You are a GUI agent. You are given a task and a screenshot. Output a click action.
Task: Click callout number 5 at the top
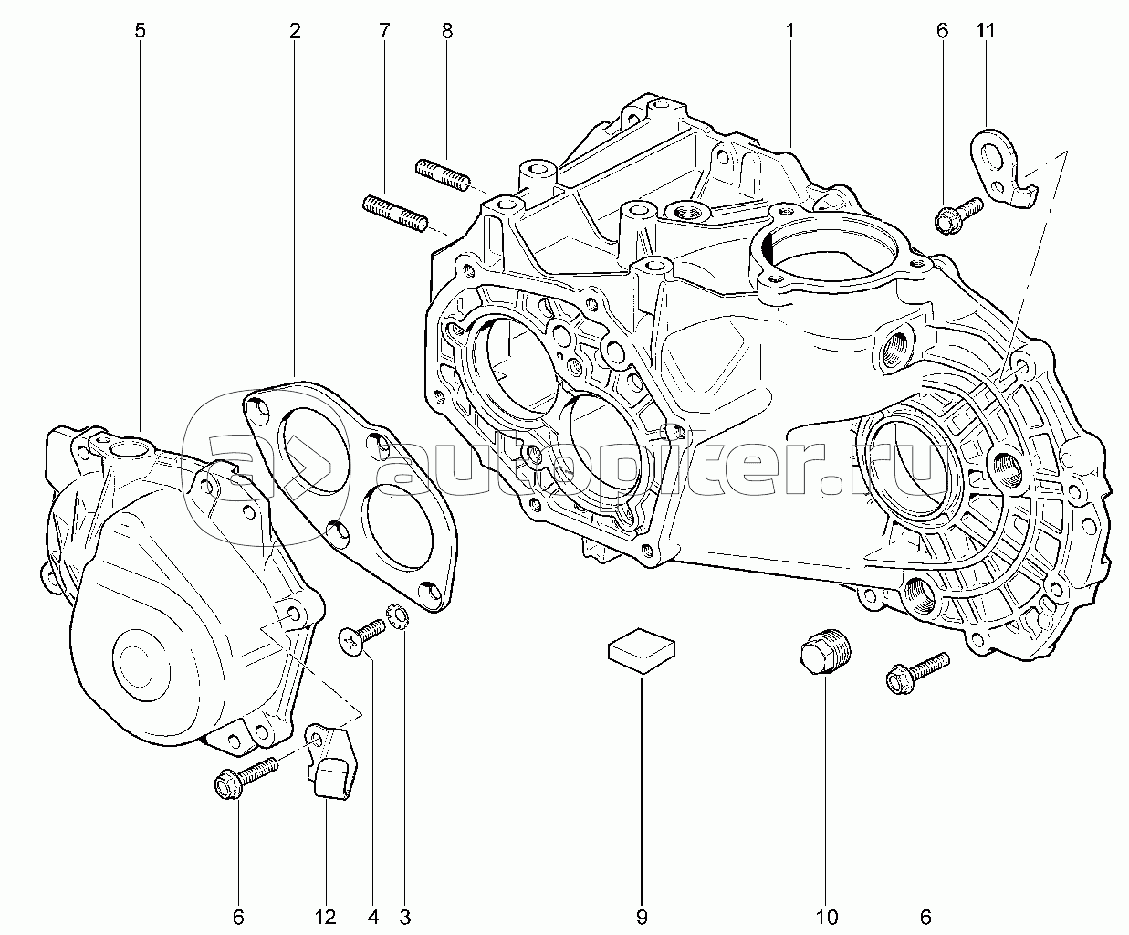[x=140, y=31]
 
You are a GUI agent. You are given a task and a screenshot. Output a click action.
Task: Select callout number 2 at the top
[x=295, y=31]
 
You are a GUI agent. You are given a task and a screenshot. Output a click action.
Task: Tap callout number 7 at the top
[x=384, y=31]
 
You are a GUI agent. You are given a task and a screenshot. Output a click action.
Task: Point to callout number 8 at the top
[x=446, y=31]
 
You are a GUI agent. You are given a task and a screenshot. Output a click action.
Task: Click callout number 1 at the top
[x=790, y=31]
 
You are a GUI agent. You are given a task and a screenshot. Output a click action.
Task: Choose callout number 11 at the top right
[x=985, y=31]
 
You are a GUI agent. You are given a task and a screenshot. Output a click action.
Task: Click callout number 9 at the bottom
[x=642, y=917]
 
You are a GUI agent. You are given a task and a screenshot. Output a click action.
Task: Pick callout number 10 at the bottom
[x=827, y=917]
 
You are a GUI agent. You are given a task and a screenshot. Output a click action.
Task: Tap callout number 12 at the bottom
[x=326, y=917]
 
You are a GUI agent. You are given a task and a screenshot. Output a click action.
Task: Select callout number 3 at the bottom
[x=405, y=917]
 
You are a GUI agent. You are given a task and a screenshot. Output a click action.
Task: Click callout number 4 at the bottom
[x=373, y=917]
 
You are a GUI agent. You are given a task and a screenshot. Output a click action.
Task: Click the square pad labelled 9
[x=642, y=650]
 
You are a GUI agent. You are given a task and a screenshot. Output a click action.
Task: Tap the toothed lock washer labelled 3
[x=397, y=617]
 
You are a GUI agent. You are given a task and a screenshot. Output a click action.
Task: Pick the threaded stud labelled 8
[x=443, y=174]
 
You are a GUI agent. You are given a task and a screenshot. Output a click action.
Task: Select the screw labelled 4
[x=361, y=636]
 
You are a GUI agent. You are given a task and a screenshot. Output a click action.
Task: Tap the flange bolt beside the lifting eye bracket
[x=958, y=215]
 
